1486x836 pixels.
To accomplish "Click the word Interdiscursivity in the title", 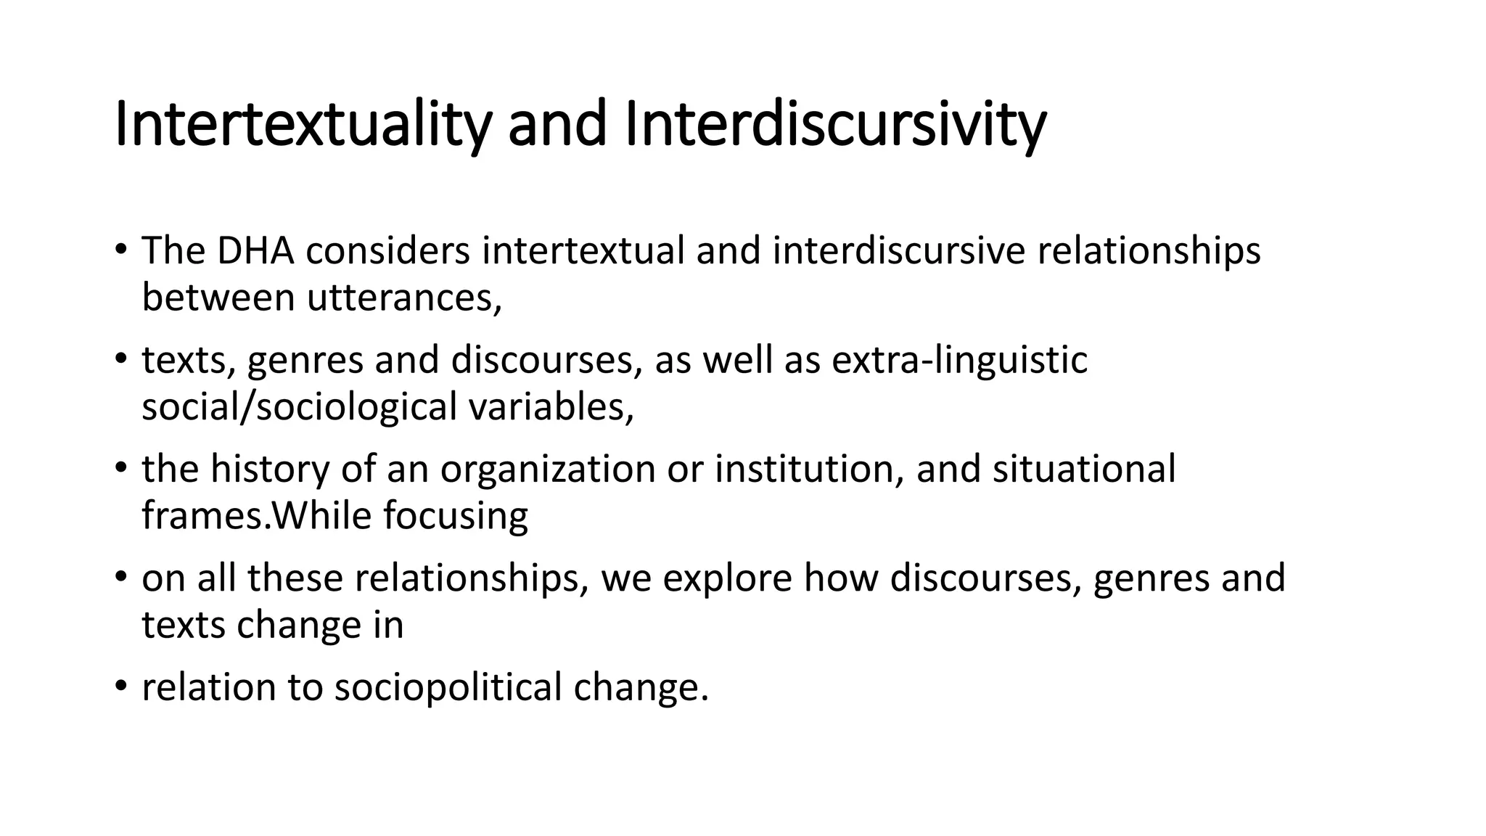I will [834, 125].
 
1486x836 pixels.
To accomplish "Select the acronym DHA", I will [255, 251].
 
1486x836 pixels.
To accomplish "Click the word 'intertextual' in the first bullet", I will [583, 251].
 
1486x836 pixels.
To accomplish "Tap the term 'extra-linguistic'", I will [959, 360].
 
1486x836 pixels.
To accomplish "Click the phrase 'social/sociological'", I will [299, 407].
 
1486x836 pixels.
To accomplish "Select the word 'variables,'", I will [551, 407].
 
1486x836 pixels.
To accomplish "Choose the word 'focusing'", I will [456, 516].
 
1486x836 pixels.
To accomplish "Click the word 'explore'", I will [726, 578].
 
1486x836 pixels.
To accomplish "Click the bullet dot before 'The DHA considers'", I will [120, 250].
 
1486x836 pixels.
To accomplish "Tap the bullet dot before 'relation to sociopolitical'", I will [120, 686].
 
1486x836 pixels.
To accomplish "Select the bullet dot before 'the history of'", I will [120, 468].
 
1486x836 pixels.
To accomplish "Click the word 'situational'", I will [1083, 470].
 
